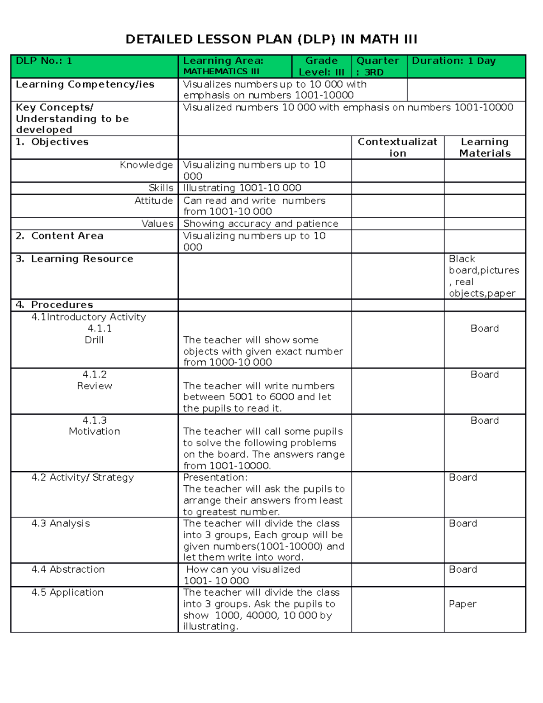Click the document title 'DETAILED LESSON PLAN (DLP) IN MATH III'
tap(271, 39)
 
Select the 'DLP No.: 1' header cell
tap(44, 61)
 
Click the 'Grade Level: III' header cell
tap(321, 66)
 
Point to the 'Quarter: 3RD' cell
tap(378, 66)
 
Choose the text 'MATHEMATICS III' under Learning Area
tap(221, 72)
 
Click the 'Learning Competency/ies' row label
tap(85, 84)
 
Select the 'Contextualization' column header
tap(397, 147)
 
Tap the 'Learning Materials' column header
tap(485, 147)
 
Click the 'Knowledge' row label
tap(146, 165)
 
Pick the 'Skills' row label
tap(161, 188)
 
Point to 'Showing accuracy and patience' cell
tap(261, 224)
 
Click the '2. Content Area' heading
tap(60, 236)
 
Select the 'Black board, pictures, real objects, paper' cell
tap(483, 276)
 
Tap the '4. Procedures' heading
tap(54, 305)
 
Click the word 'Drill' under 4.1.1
tap(94, 340)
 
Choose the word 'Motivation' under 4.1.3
tap(94, 431)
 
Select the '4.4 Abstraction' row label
tap(68, 569)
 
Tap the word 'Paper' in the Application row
tap(462, 604)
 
